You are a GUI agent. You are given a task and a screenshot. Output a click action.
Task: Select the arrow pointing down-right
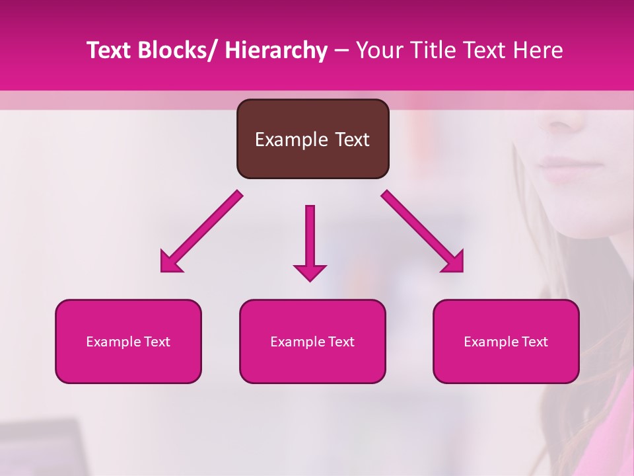point(423,231)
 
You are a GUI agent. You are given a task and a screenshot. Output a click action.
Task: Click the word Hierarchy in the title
point(275,51)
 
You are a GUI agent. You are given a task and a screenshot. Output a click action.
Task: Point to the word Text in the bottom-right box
point(534,342)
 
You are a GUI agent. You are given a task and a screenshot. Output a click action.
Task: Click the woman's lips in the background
point(558,169)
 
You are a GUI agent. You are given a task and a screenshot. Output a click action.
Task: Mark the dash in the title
point(341,51)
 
